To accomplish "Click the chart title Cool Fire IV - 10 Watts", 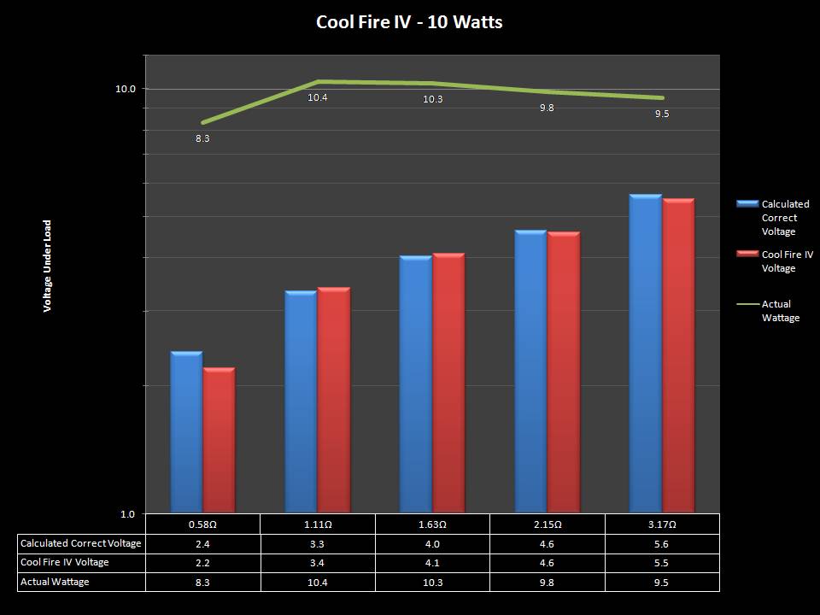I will click(x=409, y=22).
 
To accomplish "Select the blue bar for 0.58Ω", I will click(x=186, y=431).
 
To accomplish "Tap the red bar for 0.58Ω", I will click(x=219, y=440).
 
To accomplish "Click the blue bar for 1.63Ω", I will click(x=416, y=384).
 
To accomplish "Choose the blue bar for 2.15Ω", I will click(x=530, y=372).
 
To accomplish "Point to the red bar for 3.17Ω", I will click(x=678, y=355).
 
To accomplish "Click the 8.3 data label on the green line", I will click(x=202, y=138).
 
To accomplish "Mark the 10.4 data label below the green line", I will click(x=318, y=98).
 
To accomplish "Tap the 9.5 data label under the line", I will click(x=662, y=114).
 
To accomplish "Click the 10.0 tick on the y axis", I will click(x=126, y=89).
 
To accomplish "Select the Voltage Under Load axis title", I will click(x=48, y=266).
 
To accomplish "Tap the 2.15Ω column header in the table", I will click(x=547, y=524).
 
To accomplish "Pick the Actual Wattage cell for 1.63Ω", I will click(x=432, y=582).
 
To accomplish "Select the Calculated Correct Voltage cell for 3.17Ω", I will click(x=662, y=543).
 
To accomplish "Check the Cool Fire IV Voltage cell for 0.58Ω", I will click(x=202, y=563).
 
